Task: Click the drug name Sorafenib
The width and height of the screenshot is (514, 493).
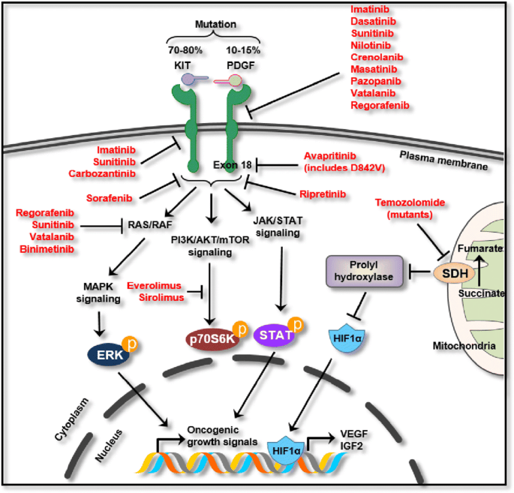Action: pyautogui.click(x=133, y=197)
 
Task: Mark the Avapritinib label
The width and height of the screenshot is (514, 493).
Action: pyautogui.click(x=334, y=155)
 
